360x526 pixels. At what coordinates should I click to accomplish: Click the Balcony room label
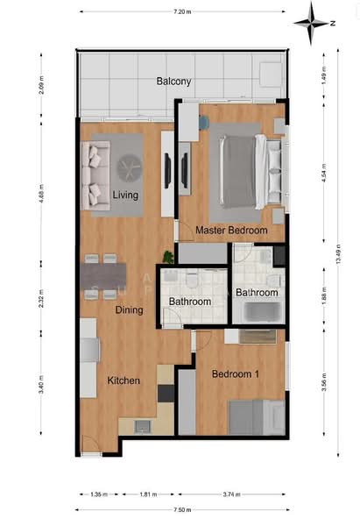click(x=173, y=82)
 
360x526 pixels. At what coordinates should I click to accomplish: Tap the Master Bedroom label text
click(x=231, y=231)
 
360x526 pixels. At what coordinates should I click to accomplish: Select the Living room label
click(x=126, y=195)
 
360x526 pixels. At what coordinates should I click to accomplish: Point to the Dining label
click(x=129, y=309)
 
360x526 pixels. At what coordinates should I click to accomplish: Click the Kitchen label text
click(x=124, y=380)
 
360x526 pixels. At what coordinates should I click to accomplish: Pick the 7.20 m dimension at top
click(x=182, y=11)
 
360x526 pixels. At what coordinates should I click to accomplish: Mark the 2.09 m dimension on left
click(x=41, y=86)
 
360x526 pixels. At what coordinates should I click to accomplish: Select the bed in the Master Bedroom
click(x=248, y=170)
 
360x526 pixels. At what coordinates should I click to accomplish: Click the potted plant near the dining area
click(x=167, y=257)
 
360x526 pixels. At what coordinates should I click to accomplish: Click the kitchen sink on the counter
click(x=140, y=426)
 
